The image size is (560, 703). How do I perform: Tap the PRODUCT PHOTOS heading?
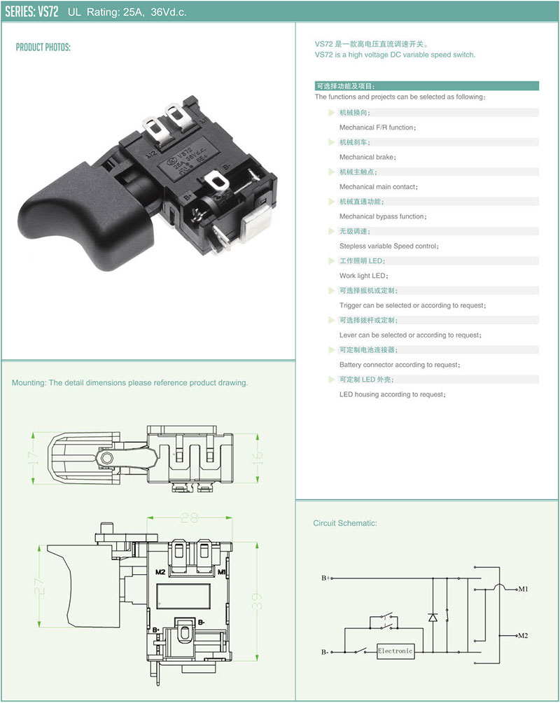pyautogui.click(x=43, y=48)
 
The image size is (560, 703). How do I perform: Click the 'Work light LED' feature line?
pyautogui.click(x=365, y=276)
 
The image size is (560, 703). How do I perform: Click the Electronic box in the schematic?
pyautogui.click(x=395, y=651)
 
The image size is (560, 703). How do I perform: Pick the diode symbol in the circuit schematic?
pyautogui.click(x=433, y=618)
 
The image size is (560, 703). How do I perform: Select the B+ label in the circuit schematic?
pyautogui.click(x=325, y=578)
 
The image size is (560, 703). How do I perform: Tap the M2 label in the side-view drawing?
pyautogui.click(x=160, y=572)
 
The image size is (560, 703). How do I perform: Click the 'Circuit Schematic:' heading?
pyautogui.click(x=345, y=523)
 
